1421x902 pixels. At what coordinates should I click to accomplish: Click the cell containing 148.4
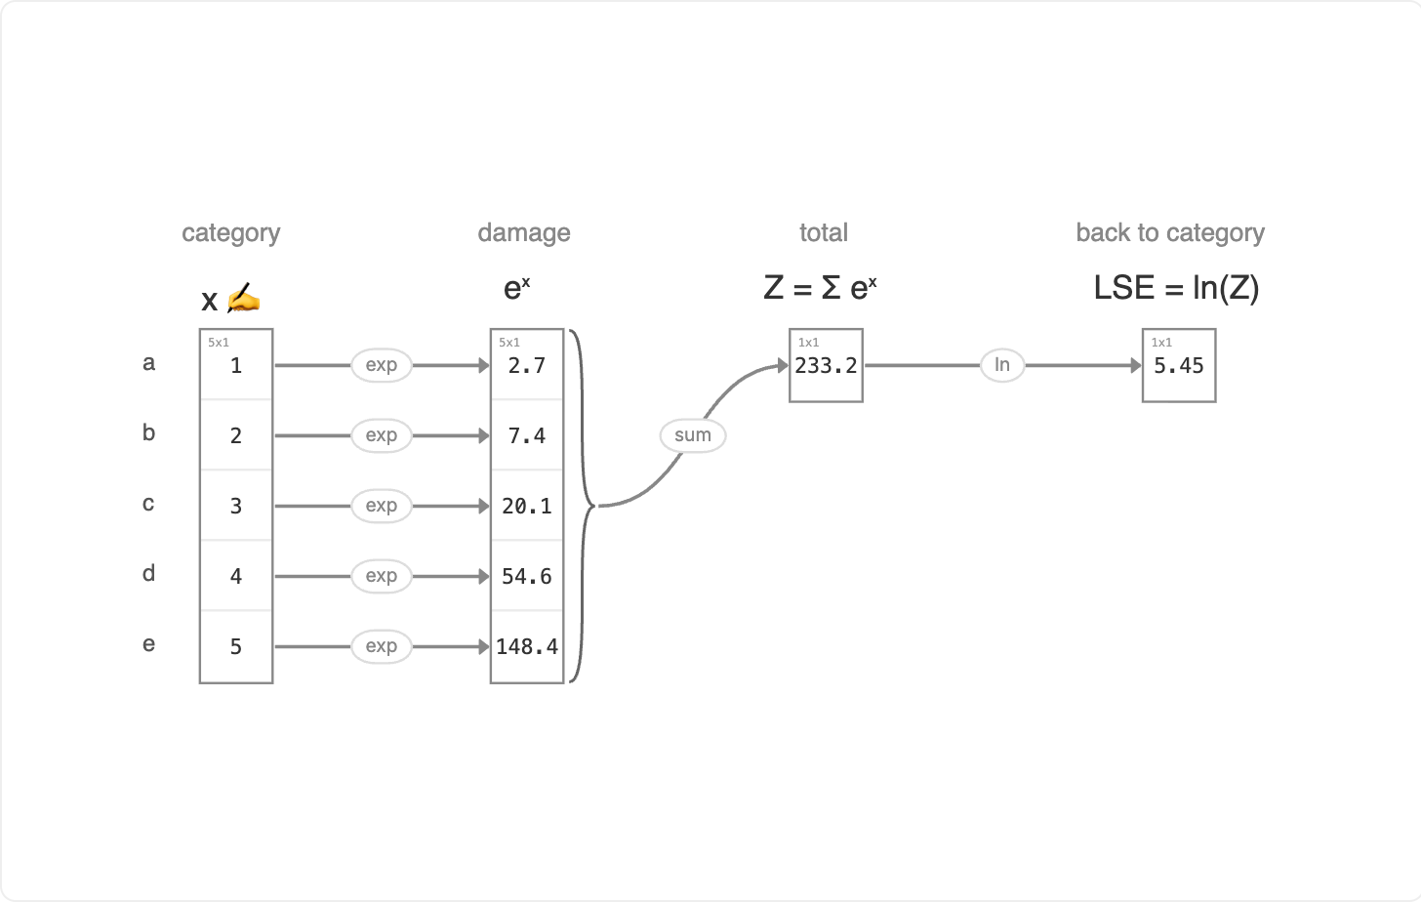tap(527, 646)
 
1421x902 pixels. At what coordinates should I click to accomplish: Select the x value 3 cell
tap(236, 506)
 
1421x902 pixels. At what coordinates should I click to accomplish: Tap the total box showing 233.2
tap(826, 365)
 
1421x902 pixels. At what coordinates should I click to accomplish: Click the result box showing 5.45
tap(1179, 365)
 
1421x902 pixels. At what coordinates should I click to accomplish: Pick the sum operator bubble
tap(693, 435)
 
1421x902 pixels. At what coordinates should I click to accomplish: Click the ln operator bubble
tap(1002, 365)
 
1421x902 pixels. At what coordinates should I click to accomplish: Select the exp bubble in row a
tap(382, 365)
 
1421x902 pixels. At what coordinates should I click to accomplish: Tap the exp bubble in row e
tap(382, 645)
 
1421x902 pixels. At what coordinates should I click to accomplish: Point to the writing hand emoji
tap(244, 298)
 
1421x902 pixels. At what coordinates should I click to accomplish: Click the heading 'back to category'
tap(1170, 232)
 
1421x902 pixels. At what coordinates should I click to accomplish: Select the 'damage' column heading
tap(524, 232)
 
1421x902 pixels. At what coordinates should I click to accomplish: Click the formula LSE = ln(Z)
tap(1176, 288)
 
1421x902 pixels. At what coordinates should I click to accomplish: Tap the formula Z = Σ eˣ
tap(820, 288)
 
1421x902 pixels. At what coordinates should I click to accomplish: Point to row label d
tap(148, 573)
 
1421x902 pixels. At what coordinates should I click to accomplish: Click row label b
tap(148, 432)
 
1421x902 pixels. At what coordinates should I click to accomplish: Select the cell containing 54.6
tap(527, 576)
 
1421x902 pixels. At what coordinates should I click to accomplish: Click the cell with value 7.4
tap(527, 435)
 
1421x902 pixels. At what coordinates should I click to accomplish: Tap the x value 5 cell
tap(236, 646)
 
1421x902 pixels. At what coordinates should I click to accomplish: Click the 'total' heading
tap(824, 232)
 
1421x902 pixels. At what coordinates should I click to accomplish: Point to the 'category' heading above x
tap(231, 232)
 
